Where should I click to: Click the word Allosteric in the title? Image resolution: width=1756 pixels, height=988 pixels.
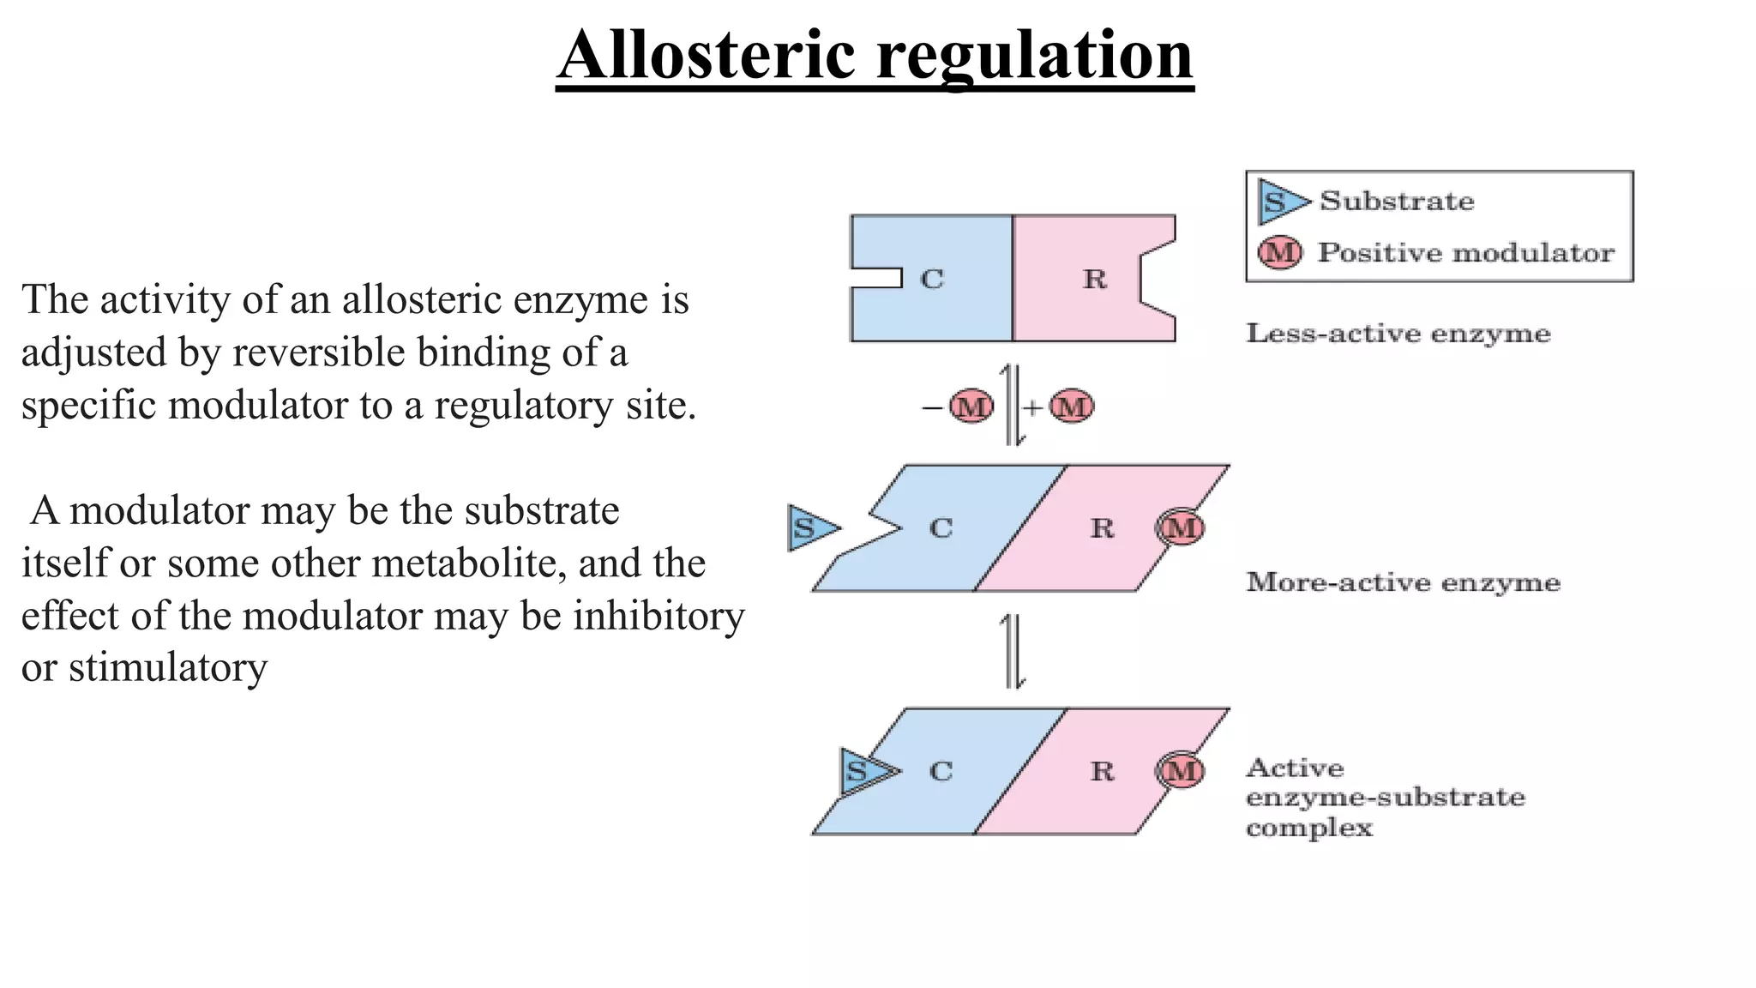coord(707,55)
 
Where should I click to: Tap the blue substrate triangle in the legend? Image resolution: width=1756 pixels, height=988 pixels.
coord(1280,202)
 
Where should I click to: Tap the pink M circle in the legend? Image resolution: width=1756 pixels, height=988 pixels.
coord(1279,252)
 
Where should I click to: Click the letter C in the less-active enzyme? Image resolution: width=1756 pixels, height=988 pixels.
coord(932,279)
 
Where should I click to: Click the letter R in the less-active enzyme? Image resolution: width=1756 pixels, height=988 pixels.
coord(1094,279)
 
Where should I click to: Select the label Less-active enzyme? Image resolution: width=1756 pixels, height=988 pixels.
coord(1398,333)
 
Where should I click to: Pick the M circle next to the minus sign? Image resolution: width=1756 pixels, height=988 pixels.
coord(971,407)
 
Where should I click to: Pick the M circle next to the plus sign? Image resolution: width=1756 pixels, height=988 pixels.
coord(1072,407)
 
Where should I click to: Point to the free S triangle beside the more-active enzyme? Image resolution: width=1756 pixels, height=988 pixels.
coord(808,528)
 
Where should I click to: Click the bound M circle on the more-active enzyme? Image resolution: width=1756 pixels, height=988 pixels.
coord(1181,527)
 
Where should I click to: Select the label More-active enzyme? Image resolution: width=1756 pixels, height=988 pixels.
coord(1403,582)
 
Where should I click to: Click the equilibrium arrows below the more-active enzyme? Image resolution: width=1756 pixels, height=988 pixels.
coord(1013,651)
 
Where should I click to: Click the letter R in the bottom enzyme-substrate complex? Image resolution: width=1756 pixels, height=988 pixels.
coord(1102,771)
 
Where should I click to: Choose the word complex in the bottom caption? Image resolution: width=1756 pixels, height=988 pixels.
coord(1308,828)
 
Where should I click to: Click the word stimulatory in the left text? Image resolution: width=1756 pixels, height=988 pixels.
coord(168,668)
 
